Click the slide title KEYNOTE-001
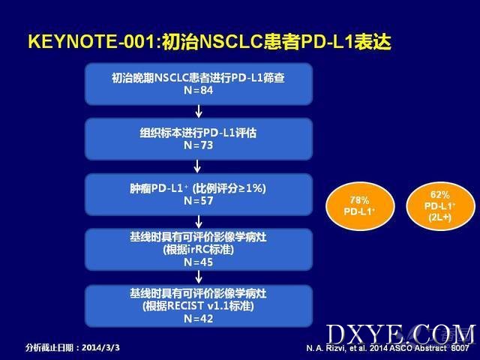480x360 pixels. pos(91,41)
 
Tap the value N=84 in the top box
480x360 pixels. pos(198,90)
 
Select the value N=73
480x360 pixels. pos(198,145)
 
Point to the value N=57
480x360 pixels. pos(198,200)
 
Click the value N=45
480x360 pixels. pos(198,262)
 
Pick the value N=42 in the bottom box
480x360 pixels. pos(198,319)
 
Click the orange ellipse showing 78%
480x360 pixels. pos(360,206)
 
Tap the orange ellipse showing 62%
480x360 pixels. pos(440,205)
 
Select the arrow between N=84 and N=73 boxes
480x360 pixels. pos(199,112)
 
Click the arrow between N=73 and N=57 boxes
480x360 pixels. pos(197,166)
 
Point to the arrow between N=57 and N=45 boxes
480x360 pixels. pos(199,222)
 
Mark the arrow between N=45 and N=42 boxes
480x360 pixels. pos(199,277)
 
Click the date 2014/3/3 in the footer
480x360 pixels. pos(101,348)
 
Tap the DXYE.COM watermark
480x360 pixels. pos(401,334)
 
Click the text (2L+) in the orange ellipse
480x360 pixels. pos(440,217)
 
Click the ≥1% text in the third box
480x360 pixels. pos(250,188)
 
